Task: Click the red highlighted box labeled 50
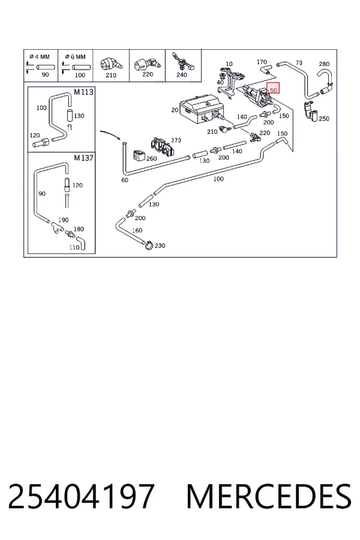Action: point(273,89)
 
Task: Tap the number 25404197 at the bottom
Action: point(82,496)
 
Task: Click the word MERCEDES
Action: point(269,496)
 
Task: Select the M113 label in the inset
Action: point(83,92)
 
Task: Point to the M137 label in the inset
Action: point(83,158)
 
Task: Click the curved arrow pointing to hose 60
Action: point(110,134)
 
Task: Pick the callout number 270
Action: point(176,140)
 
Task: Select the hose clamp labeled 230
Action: point(148,245)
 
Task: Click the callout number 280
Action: point(324,64)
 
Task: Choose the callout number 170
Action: point(262,62)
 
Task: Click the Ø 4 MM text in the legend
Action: point(40,56)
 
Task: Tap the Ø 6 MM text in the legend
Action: point(75,56)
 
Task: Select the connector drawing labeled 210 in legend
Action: point(110,64)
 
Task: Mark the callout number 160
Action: point(137,230)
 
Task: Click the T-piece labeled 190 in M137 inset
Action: point(56,227)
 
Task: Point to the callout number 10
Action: point(229,64)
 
